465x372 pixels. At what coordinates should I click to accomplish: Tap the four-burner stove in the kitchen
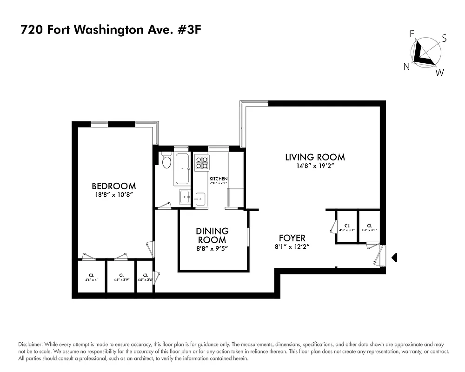tap(202, 162)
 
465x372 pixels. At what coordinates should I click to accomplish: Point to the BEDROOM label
tap(114, 186)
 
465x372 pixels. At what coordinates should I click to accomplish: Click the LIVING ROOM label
tap(315, 157)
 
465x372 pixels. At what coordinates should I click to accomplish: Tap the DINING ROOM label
tap(212, 235)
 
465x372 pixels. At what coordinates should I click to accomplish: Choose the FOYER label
tap(292, 238)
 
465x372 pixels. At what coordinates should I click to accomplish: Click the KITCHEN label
tap(219, 179)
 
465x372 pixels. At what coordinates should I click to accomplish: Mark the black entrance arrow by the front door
tap(394, 257)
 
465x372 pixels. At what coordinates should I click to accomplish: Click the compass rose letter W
tap(439, 73)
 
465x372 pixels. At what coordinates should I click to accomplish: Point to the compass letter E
tap(412, 33)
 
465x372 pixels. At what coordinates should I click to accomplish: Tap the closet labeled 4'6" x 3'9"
tap(121, 278)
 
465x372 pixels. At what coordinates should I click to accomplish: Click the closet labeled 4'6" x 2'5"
tap(145, 278)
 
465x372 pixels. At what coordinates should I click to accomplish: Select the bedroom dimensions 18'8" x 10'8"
tap(114, 195)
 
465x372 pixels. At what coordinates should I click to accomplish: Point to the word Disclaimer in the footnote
tap(30, 342)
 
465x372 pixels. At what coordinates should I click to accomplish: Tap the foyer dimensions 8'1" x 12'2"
tap(292, 247)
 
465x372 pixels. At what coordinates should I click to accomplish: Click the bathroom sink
tap(185, 197)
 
